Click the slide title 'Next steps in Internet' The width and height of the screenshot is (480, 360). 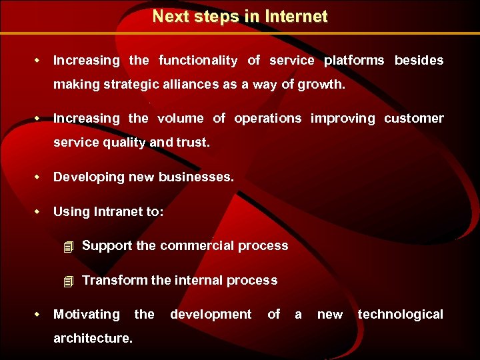click(240, 17)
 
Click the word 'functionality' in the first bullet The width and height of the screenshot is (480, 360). click(198, 61)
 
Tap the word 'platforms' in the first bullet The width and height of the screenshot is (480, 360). click(354, 61)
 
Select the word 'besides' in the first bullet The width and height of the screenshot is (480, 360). click(419, 61)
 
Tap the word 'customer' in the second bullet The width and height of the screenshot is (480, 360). click(413, 119)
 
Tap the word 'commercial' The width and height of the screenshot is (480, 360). click(196, 246)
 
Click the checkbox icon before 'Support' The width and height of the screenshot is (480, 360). click(67, 247)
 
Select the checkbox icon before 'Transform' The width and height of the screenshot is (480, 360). click(67, 281)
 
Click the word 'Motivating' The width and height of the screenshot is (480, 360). click(87, 315)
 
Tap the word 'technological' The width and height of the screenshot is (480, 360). click(400, 315)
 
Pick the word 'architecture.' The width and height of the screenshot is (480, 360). click(93, 339)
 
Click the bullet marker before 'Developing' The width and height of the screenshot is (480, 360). click(38, 177)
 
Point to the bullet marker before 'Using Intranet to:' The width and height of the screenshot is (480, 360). click(38, 211)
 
